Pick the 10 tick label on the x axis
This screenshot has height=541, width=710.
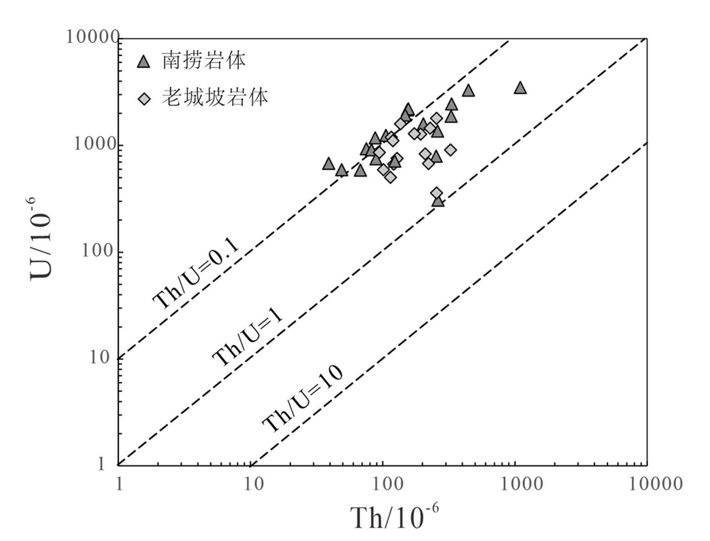pyautogui.click(x=253, y=484)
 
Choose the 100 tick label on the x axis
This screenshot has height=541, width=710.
pyautogui.click(x=385, y=484)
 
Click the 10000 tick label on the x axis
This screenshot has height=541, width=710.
pyautogui.click(x=655, y=484)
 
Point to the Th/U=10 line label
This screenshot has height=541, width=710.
pyautogui.click(x=303, y=399)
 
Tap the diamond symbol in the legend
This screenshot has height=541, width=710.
pyautogui.click(x=144, y=98)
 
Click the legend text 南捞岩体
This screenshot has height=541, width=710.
pyautogui.click(x=204, y=61)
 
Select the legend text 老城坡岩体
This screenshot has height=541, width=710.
pyautogui.click(x=215, y=97)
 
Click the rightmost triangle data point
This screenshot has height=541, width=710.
pyautogui.click(x=520, y=88)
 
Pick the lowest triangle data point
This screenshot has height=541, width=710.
pyautogui.click(x=438, y=201)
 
